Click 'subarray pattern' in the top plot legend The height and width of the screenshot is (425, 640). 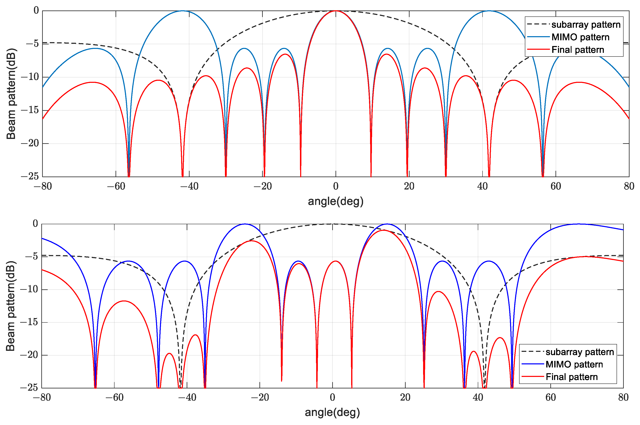586,25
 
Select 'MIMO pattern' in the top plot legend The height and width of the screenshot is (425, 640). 580,37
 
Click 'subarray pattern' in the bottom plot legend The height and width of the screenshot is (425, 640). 580,352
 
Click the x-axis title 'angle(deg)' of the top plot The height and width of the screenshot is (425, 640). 336,201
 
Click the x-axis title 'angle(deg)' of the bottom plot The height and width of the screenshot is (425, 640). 332,412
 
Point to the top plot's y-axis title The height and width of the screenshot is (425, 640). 11,94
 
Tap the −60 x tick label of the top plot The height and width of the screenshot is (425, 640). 116,186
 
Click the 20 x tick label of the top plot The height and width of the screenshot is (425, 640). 409,186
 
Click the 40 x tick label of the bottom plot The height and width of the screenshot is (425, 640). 478,398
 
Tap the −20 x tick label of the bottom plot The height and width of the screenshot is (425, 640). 259,398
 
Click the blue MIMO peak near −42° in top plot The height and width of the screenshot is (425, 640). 182,11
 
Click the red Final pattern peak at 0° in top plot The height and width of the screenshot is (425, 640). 336,11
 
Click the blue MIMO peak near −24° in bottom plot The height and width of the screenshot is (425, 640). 245,224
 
